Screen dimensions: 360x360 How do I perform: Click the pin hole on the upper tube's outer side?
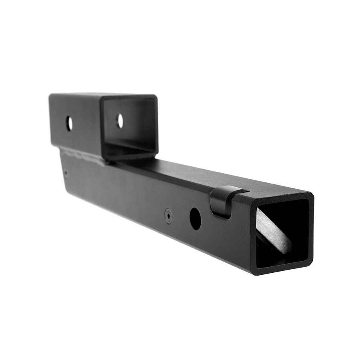[x=69, y=123]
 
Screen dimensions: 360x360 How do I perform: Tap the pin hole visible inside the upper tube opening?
[x=120, y=121]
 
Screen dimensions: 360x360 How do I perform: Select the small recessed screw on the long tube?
[x=169, y=216]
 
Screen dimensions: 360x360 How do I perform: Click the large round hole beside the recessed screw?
[x=195, y=218]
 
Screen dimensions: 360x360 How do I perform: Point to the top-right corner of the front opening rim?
[x=310, y=196]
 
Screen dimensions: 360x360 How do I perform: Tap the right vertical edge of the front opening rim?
[x=311, y=228]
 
